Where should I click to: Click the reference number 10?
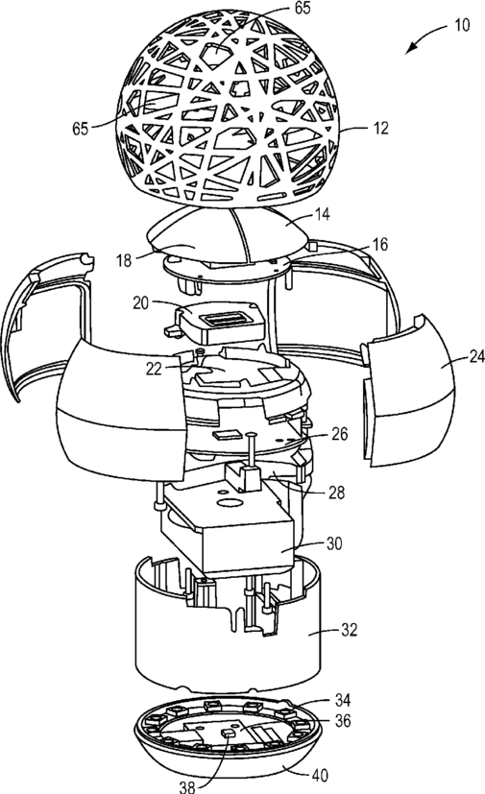pyautogui.click(x=462, y=25)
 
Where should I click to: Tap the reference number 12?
pyautogui.click(x=380, y=128)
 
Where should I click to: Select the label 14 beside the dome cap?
pyautogui.click(x=322, y=214)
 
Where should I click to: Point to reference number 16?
pyautogui.click(x=379, y=245)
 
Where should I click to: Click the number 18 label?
pyautogui.click(x=124, y=260)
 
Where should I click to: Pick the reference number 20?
pyautogui.click(x=141, y=302)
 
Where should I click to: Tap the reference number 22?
pyautogui.click(x=154, y=369)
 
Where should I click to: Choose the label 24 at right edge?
pyautogui.click(x=476, y=357)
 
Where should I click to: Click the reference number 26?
pyautogui.click(x=340, y=433)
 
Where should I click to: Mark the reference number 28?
pyautogui.click(x=337, y=492)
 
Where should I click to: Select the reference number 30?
pyautogui.click(x=334, y=543)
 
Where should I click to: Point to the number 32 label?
pyautogui.click(x=350, y=630)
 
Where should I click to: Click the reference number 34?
pyautogui.click(x=343, y=700)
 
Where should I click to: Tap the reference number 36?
pyautogui.click(x=343, y=721)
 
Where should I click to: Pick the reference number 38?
pyautogui.click(x=187, y=786)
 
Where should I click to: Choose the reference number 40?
pyautogui.click(x=320, y=775)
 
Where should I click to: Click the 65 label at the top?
pyautogui.click(x=302, y=8)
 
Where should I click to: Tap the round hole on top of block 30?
pyautogui.click(x=228, y=503)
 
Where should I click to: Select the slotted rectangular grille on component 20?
pyautogui.click(x=224, y=319)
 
